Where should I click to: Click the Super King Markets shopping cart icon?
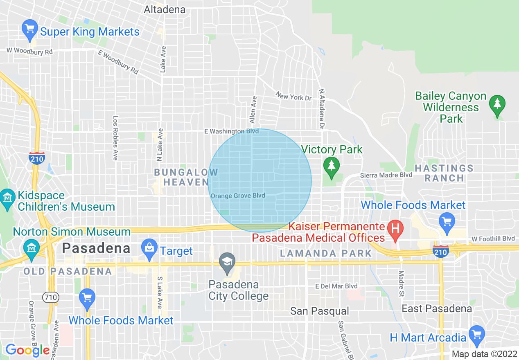pos(29,30)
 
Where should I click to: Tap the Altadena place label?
pos(165,9)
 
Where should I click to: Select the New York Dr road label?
pos(293,97)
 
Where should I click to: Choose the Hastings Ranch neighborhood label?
pos(444,173)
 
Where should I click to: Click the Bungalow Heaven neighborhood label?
pos(186,177)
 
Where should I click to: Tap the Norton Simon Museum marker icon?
pos(31,248)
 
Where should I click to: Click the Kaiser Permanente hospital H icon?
pos(395,229)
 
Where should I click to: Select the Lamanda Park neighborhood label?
pos(326,254)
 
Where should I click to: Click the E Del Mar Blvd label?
pos(336,286)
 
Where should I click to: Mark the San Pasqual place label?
pos(320,311)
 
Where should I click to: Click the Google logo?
pos(27,350)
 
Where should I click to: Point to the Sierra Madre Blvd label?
pos(386,175)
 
